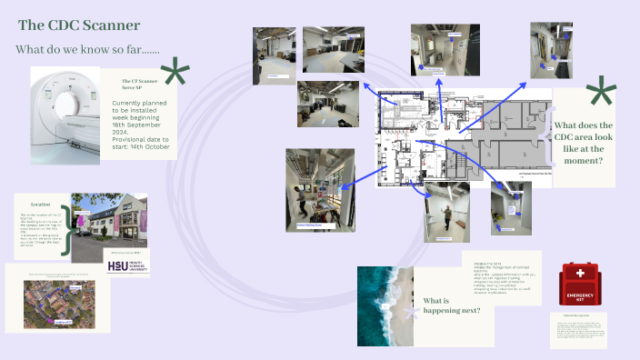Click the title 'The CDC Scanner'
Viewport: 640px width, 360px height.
[x=79, y=25]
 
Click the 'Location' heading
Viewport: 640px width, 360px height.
[x=40, y=205]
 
